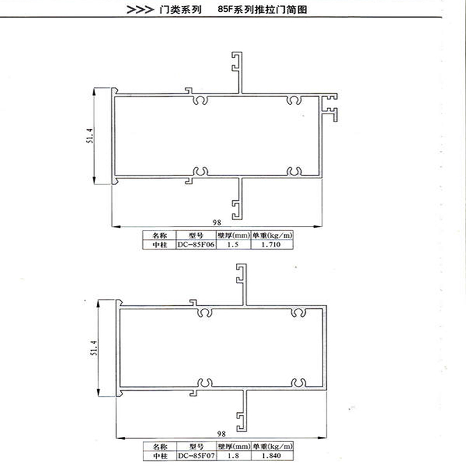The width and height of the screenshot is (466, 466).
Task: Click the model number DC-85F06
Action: pos(196,245)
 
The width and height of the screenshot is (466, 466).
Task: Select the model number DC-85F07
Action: pos(196,456)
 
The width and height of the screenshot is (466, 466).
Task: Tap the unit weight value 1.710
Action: pos(271,245)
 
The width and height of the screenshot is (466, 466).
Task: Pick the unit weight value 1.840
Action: pos(271,456)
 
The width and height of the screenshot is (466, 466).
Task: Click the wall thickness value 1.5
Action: pos(232,245)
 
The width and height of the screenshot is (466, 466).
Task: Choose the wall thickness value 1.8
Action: pos(233,456)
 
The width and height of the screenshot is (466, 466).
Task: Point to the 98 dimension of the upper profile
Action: pos(217,223)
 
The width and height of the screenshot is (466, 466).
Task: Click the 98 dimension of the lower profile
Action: pos(221,434)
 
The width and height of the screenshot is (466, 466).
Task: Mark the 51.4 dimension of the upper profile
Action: pos(90,136)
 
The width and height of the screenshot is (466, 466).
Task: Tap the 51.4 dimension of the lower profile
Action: pos(94,348)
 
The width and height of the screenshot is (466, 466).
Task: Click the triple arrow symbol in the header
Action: pos(140,10)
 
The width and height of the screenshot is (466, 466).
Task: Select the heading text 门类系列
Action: pos(181,10)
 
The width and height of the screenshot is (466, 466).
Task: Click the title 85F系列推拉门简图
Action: pos(262,9)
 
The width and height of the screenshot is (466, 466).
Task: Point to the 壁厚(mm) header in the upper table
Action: pos(234,235)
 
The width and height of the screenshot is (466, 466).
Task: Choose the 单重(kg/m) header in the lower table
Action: pos(273,446)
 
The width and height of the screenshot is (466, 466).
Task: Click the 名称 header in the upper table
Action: pos(160,235)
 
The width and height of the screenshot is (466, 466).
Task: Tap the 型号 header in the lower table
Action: pos(196,446)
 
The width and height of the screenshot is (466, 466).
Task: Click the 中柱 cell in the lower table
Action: pos(161,456)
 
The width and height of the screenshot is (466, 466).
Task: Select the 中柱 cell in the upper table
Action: pos(160,245)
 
